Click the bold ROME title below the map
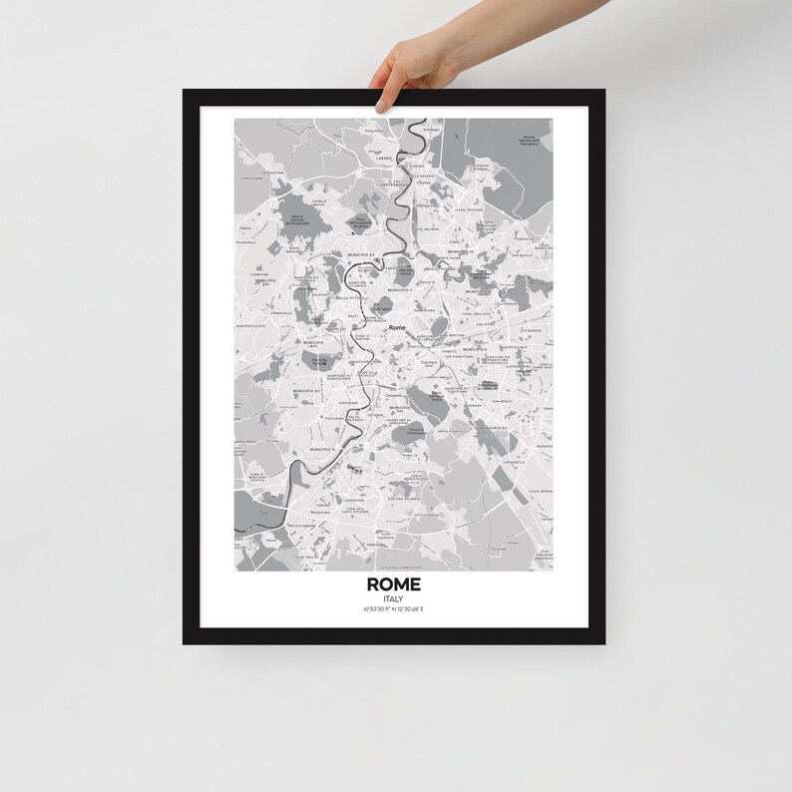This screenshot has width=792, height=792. pyautogui.click(x=394, y=584)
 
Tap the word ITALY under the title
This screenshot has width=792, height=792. pyautogui.click(x=394, y=598)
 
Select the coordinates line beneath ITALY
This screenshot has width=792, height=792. pyautogui.click(x=394, y=610)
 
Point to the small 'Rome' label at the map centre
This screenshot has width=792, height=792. pyautogui.click(x=397, y=328)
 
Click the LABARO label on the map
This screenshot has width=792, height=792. pyautogui.click(x=377, y=155)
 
